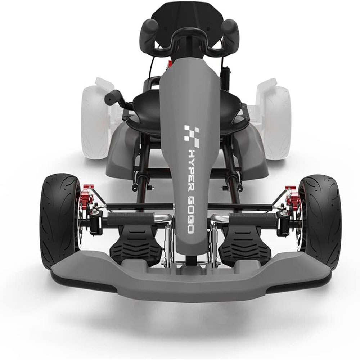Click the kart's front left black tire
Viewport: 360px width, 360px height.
point(58,220)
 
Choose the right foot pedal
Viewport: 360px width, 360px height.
point(239,245)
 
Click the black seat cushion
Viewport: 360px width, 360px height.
point(146,108)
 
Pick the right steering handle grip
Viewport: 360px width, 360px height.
point(231,31)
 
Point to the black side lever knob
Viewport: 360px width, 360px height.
point(112,96)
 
